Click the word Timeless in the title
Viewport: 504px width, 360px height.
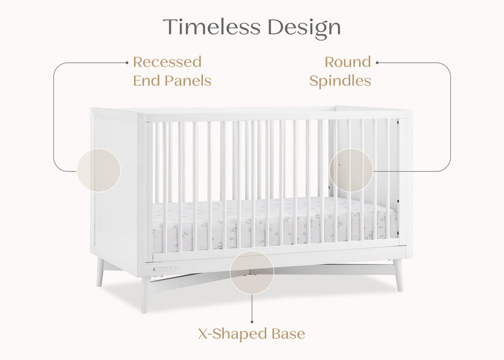(x=212, y=27)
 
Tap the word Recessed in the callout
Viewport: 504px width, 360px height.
(x=167, y=62)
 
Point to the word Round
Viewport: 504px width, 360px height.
(x=348, y=62)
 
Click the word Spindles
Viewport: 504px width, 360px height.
(x=340, y=81)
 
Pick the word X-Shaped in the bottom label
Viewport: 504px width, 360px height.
(x=231, y=334)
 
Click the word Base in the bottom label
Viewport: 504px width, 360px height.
(x=286, y=334)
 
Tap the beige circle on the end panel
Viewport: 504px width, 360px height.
(x=99, y=170)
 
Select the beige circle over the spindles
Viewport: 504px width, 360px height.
(x=351, y=170)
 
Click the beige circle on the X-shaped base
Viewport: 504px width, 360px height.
(x=252, y=273)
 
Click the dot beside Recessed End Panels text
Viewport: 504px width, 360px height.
(x=127, y=63)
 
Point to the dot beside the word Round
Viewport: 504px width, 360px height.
(x=377, y=63)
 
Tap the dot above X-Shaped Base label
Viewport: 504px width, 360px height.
(x=252, y=322)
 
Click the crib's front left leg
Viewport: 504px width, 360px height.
(x=146, y=293)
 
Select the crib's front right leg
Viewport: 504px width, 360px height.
(x=398, y=275)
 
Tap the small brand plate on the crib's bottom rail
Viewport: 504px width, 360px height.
(x=165, y=268)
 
